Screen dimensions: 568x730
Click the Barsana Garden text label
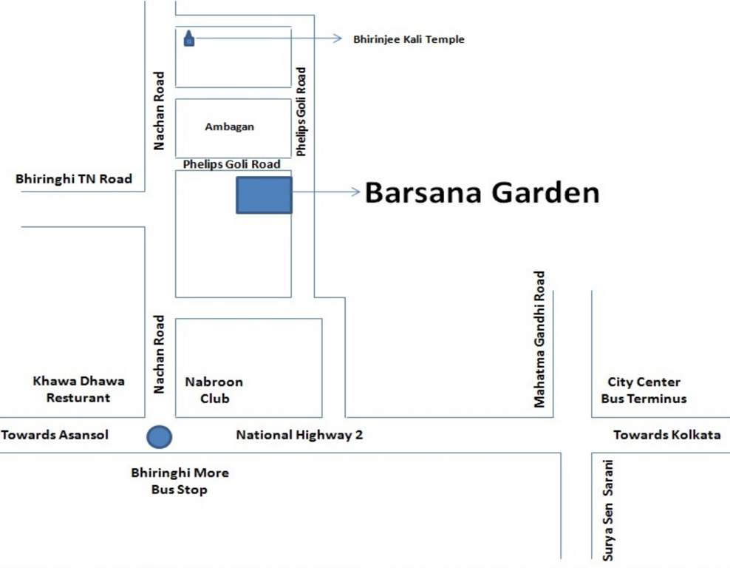coord(482,193)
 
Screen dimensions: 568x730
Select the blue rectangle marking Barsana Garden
coord(264,195)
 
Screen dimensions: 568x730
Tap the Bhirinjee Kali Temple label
coord(409,39)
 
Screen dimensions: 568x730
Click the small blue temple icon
coord(188,38)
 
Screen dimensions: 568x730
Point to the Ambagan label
coord(229,126)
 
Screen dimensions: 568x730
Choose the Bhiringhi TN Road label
coord(74,179)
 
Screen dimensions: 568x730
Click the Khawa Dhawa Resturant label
coord(78,390)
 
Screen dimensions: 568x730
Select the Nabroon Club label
coord(214,390)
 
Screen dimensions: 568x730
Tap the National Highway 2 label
coord(299,435)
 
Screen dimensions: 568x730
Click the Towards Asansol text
coord(55,435)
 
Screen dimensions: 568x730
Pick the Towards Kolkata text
coord(666,435)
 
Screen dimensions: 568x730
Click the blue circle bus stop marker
coord(159,436)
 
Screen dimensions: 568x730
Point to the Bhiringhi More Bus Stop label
coord(180,481)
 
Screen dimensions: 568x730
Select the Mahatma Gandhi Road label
coord(539,339)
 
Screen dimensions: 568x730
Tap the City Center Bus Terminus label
coord(644,390)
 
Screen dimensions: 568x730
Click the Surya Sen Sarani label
coord(608,510)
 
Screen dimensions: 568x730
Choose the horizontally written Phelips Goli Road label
coord(231,164)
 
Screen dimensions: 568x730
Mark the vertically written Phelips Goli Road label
coord(301,112)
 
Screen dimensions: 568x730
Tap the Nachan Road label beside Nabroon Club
coord(158,355)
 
